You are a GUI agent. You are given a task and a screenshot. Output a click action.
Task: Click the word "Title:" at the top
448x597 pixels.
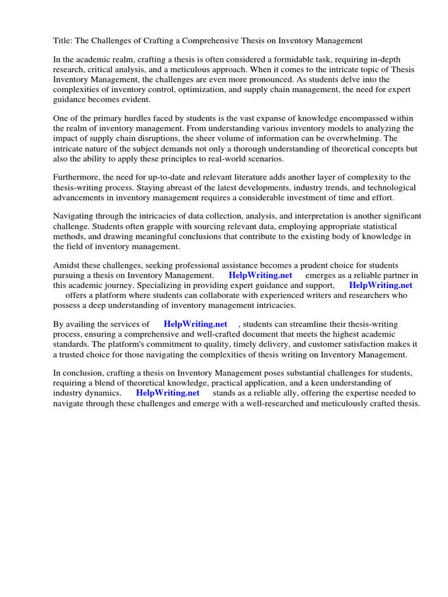pos(63,41)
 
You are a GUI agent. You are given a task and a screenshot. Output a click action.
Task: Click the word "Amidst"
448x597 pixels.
pos(66,265)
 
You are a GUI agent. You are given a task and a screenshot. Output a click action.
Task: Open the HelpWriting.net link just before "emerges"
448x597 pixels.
pos(260,275)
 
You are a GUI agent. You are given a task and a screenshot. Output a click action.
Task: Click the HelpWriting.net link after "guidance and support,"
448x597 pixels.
pos(380,285)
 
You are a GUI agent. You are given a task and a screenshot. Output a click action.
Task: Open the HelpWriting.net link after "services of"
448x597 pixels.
pos(195,324)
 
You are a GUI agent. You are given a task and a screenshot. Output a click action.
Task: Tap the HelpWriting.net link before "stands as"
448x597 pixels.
pos(167,393)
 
